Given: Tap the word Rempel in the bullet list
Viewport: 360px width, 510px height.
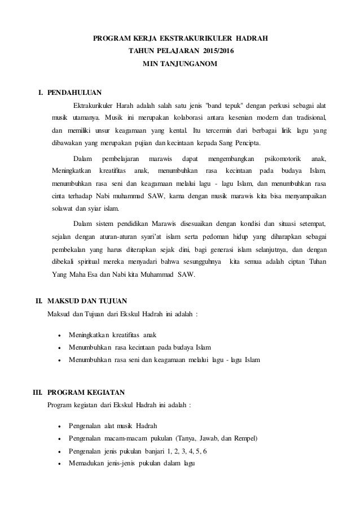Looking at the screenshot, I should [244, 439].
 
